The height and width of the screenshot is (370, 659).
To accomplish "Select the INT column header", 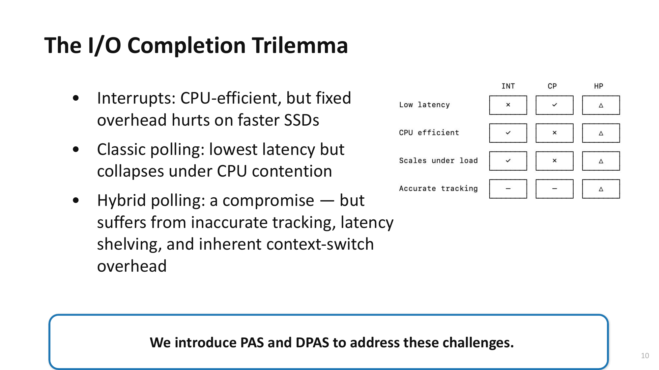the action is (508, 86).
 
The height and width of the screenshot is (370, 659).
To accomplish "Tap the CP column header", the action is (552, 86).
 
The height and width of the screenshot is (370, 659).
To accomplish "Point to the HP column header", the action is (599, 86).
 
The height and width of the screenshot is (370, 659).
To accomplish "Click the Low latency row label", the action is (424, 105).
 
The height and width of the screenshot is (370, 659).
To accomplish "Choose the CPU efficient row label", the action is (429, 133).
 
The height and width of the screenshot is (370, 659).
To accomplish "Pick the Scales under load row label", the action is (438, 160).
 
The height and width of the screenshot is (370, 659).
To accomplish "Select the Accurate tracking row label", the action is (438, 188).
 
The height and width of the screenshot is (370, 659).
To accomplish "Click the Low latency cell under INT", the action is (508, 105).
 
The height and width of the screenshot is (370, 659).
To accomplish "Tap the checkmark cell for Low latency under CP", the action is (555, 105).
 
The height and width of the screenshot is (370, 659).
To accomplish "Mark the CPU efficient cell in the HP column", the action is (601, 133).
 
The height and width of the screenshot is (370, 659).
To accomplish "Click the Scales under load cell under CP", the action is (555, 161).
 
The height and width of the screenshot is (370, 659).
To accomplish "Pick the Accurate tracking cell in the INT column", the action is (508, 189).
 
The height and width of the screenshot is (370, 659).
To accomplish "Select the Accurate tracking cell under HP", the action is (601, 189).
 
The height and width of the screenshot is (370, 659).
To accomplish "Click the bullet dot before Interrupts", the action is (76, 98).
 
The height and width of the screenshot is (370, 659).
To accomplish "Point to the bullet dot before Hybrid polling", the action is (76, 200).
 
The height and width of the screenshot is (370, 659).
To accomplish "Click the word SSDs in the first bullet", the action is (301, 120).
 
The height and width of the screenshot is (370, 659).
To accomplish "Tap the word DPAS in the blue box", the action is (312, 343).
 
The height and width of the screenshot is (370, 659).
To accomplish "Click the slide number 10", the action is (645, 356).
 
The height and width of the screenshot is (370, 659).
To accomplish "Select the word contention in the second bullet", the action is (292, 171).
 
